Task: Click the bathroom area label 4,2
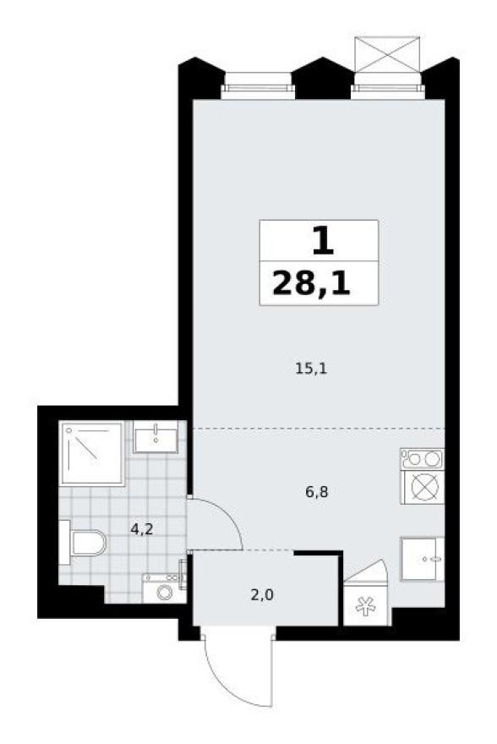point(141,530)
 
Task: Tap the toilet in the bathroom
point(82,541)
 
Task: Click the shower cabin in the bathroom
point(92,453)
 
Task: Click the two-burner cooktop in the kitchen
point(422,459)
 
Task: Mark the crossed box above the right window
point(387,53)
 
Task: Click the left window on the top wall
point(258,83)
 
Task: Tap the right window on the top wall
point(387,83)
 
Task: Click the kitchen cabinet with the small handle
point(422,559)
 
